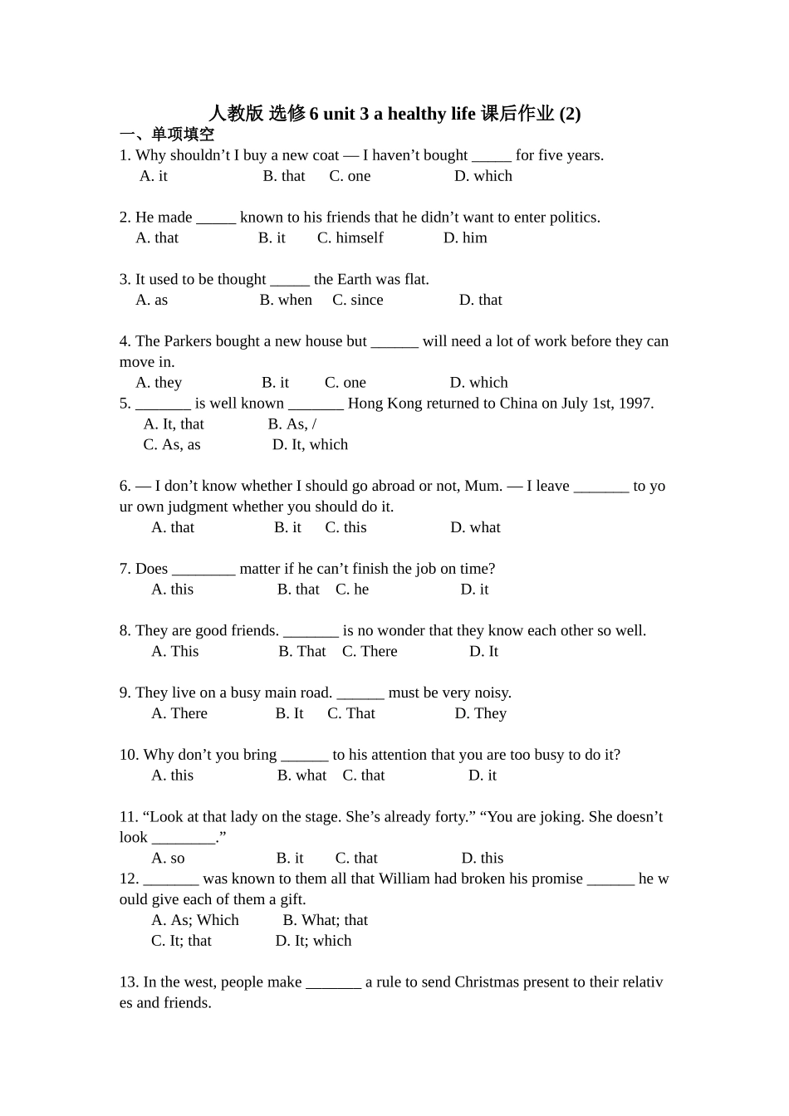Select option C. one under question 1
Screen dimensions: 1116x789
coord(350,176)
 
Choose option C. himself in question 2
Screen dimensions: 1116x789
coord(350,238)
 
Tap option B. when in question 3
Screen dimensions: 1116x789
coord(286,300)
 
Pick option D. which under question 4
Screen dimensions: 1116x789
coord(478,383)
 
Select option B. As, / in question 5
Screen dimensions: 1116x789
coord(292,424)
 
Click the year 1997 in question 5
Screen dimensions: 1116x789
coord(635,404)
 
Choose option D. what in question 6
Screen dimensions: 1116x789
coord(475,527)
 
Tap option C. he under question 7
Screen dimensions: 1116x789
coord(352,590)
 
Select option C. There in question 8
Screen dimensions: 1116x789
coord(370,652)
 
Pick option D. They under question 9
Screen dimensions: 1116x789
coord(480,713)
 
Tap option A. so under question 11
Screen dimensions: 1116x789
coord(168,859)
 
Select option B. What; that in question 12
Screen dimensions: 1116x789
coord(325,920)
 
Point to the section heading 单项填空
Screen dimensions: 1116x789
coord(183,135)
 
